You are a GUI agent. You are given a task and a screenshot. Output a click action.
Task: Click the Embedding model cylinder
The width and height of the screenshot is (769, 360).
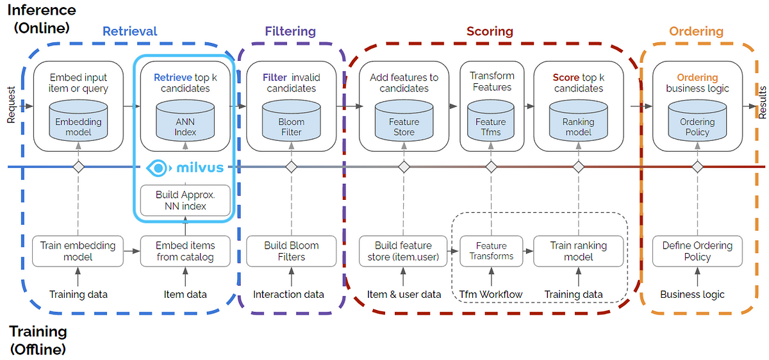point(78,120)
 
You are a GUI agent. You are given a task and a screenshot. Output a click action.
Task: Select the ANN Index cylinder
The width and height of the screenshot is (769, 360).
point(185,120)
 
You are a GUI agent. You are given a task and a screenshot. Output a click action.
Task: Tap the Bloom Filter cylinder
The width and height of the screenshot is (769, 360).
point(291,120)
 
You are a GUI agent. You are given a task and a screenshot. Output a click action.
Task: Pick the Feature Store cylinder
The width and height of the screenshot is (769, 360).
point(404,120)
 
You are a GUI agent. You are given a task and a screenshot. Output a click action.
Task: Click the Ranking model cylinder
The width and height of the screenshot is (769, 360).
point(579,120)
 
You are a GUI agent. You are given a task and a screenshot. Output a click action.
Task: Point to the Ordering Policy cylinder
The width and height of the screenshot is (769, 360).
point(697,120)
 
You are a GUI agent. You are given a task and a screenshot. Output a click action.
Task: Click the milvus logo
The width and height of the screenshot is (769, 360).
point(185,168)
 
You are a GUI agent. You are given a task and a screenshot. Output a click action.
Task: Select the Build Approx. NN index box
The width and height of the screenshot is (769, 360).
point(185,200)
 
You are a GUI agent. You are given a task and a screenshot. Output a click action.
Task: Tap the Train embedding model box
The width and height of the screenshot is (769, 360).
point(78,251)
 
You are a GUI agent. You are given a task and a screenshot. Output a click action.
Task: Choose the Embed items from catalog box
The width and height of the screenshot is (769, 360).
point(185,251)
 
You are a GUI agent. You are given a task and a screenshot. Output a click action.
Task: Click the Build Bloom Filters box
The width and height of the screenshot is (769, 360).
point(291,251)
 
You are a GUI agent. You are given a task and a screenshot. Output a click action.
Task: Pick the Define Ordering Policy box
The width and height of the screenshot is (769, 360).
point(697,251)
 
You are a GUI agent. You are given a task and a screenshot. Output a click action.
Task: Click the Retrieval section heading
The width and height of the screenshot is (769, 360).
point(129,31)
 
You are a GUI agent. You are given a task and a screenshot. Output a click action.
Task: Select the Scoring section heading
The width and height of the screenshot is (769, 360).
point(490,31)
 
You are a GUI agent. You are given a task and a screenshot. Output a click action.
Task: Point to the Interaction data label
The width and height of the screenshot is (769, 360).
point(288,295)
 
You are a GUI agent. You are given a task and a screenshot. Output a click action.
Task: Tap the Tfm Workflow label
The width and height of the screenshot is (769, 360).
point(491,295)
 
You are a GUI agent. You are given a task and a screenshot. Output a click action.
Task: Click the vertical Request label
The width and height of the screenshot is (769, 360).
point(11,105)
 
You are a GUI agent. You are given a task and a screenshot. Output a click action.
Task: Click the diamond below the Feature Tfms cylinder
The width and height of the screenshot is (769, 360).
point(492,167)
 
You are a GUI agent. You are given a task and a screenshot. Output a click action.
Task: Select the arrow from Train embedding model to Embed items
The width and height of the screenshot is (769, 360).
point(132,251)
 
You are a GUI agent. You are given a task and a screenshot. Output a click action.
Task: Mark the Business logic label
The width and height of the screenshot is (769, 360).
point(692,295)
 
